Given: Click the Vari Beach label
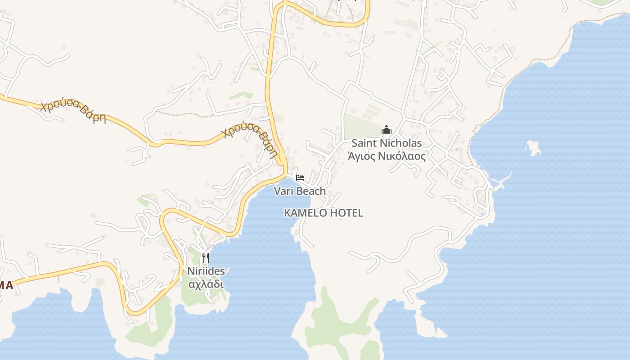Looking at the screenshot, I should [300, 191].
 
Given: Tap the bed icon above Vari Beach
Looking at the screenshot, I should [300, 177].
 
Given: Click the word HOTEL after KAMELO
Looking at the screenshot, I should [346, 213].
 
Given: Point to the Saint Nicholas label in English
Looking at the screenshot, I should [387, 143].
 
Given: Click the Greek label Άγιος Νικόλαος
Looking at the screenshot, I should [387, 156].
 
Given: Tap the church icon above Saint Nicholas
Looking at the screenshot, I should [387, 130].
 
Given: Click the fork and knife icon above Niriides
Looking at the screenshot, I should [206, 258].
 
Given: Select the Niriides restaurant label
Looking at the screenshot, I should [206, 271].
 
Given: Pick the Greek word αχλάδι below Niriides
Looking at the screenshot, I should [206, 284].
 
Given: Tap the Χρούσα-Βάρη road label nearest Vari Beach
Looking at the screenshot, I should [250, 140].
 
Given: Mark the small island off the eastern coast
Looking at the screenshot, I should [534, 147].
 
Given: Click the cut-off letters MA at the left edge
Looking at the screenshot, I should [6, 285].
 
